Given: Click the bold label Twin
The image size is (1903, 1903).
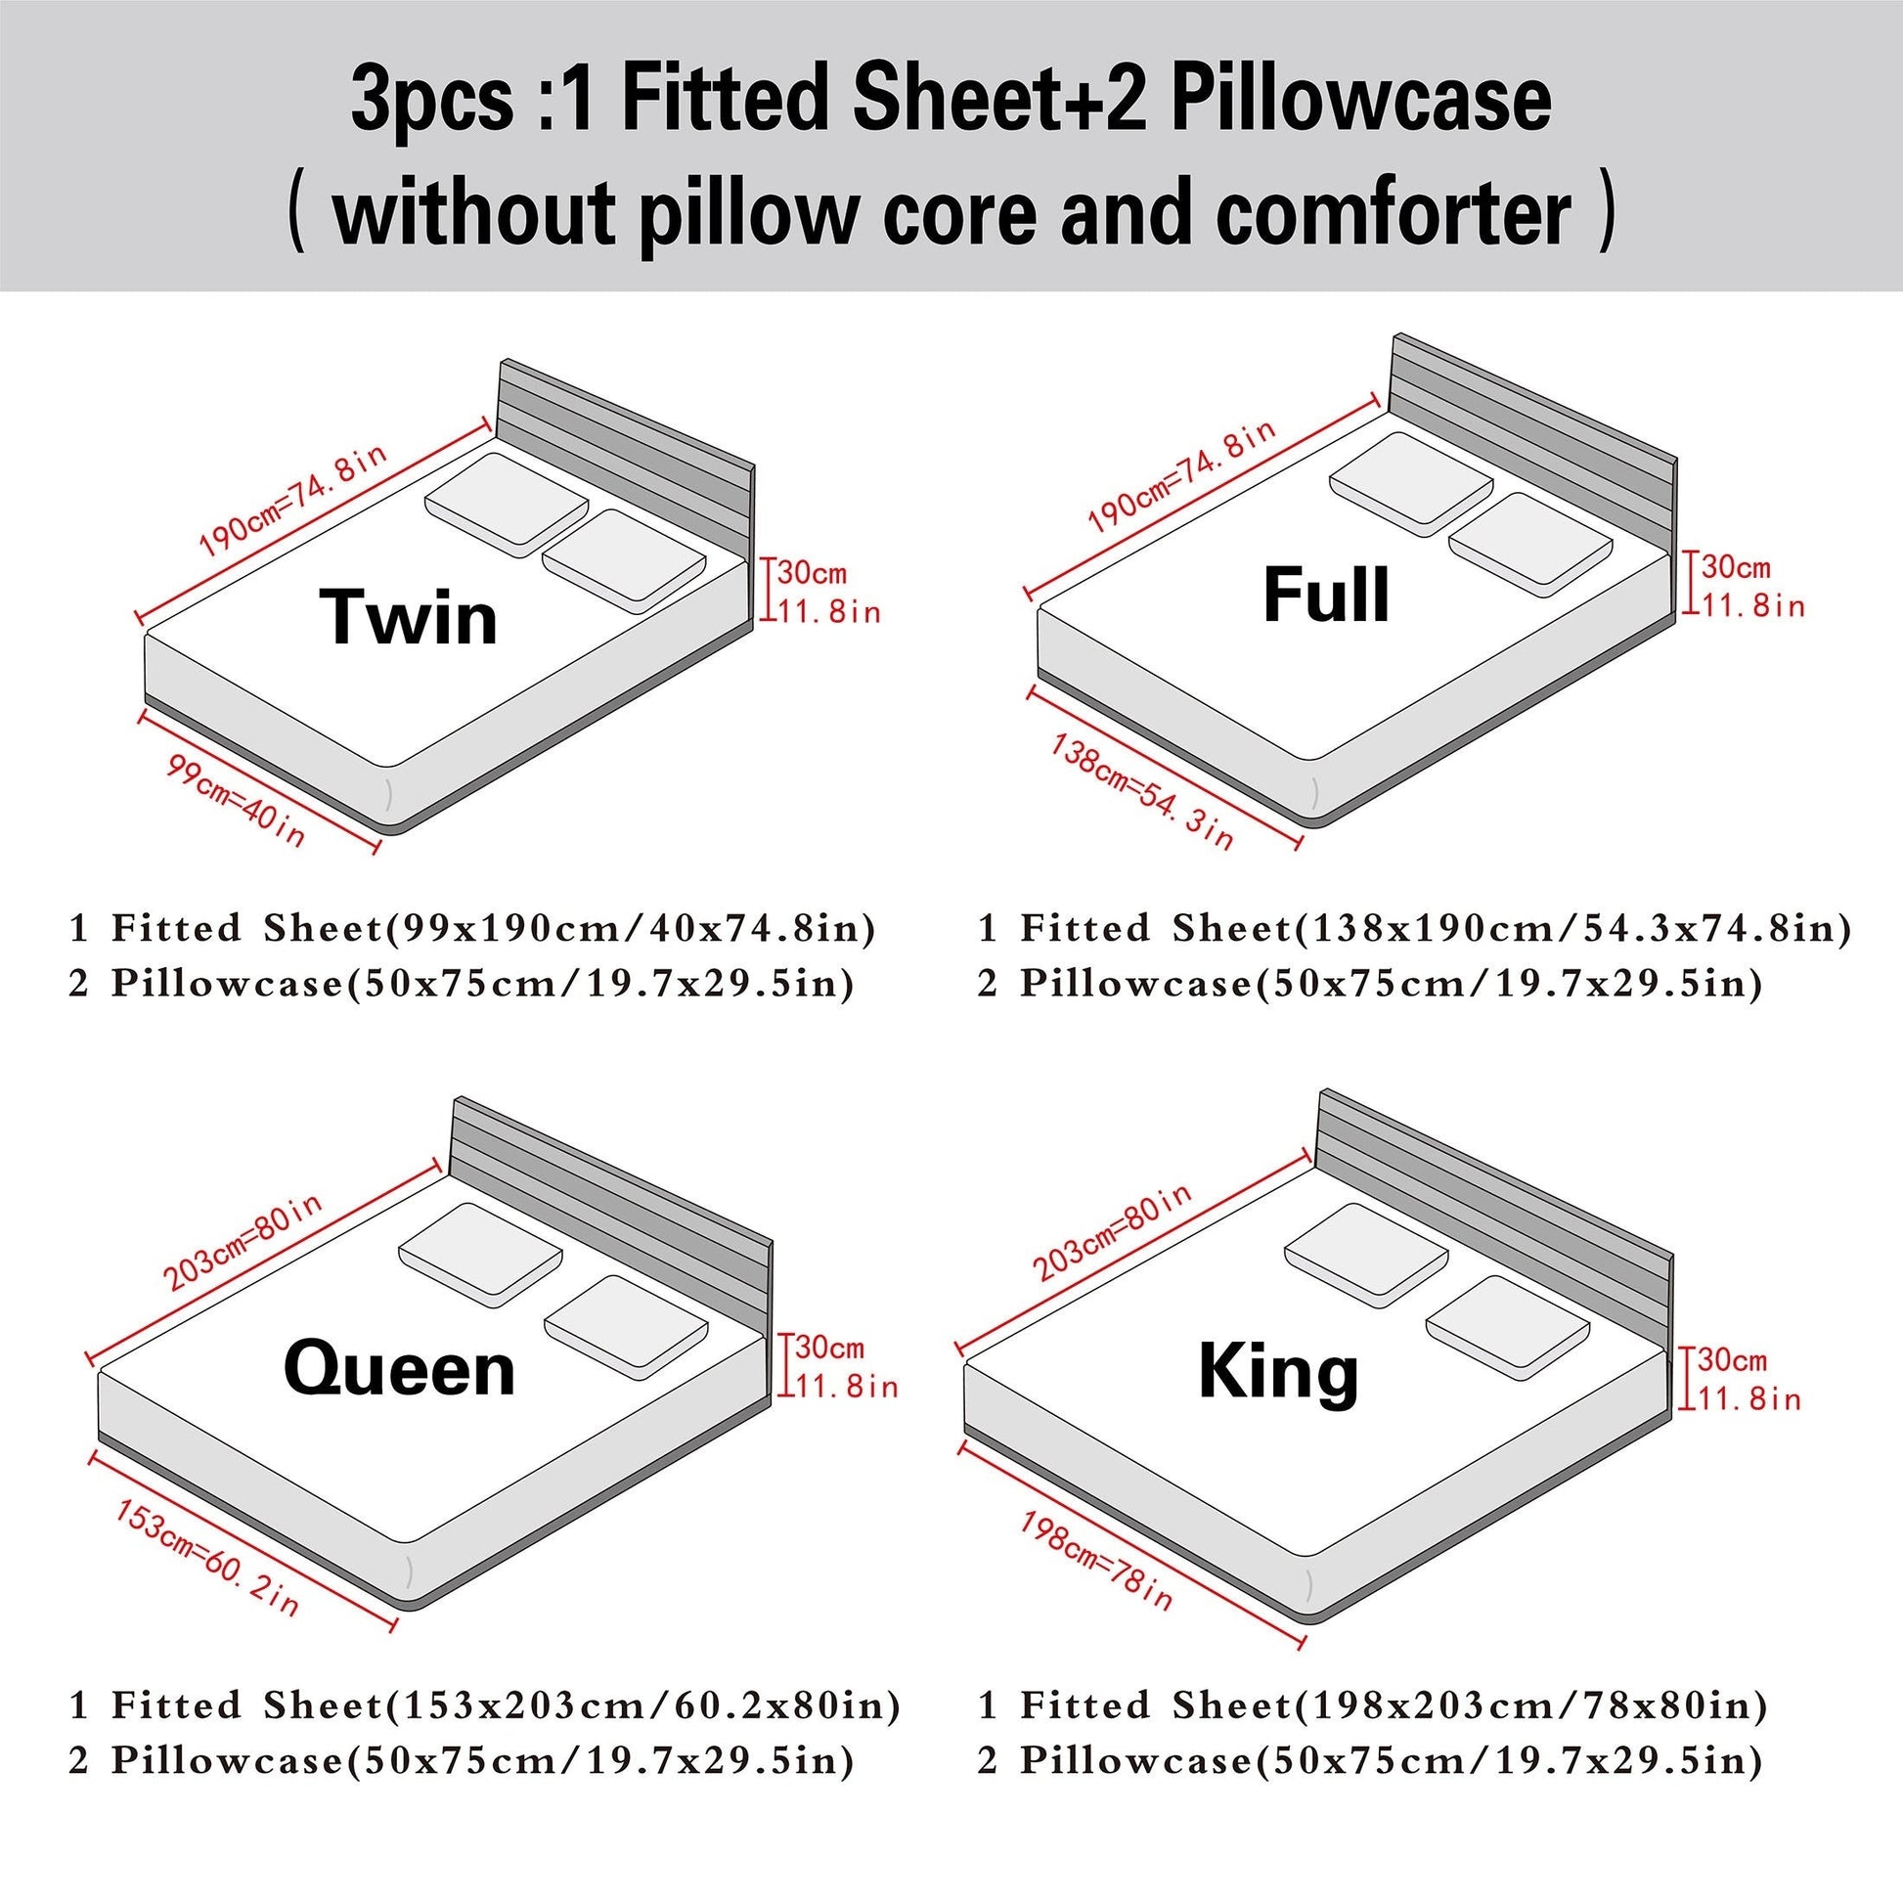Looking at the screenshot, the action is [x=409, y=617].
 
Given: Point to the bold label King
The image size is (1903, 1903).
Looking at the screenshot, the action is [x=1278, y=1373].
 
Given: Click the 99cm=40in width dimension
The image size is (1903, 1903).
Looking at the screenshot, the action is [x=236, y=801].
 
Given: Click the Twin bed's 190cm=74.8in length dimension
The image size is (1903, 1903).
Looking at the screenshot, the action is [x=292, y=500].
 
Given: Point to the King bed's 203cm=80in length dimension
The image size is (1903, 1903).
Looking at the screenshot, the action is [x=1111, y=1231].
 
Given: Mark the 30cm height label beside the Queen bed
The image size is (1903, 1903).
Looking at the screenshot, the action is [x=829, y=1348].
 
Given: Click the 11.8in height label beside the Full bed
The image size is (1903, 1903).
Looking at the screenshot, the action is [x=1753, y=604].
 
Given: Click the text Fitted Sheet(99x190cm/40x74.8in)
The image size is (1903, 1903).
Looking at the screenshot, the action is [x=494, y=929].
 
